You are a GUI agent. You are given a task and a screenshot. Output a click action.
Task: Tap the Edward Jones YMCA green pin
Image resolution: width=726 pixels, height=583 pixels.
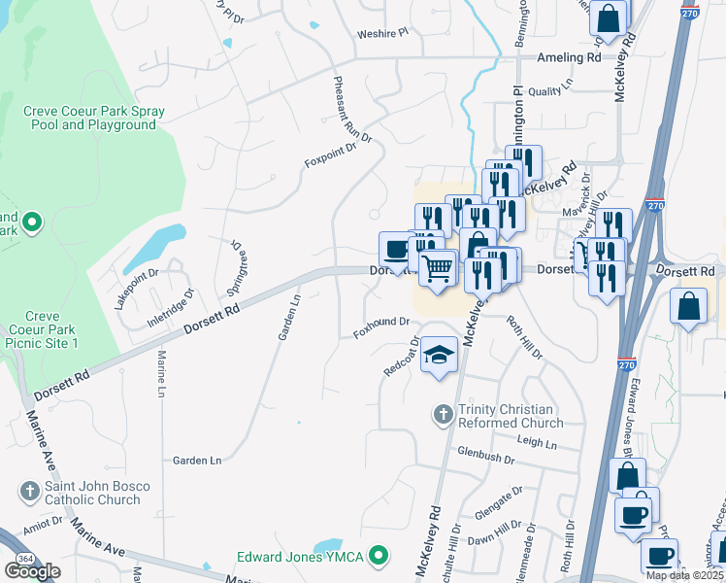pyautogui.click(x=381, y=557)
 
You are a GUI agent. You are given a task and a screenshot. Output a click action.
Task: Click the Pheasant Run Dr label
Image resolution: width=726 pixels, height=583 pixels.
pyautogui.click(x=352, y=110)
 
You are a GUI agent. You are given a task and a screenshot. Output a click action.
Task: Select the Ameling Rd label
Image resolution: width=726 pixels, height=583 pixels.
pyautogui.click(x=569, y=58)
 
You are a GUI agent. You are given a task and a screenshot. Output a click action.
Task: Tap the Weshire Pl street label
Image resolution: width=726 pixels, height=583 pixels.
pyautogui.click(x=383, y=33)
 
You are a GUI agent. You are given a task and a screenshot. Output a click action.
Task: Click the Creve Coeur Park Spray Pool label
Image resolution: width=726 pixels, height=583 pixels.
pyautogui.click(x=94, y=119)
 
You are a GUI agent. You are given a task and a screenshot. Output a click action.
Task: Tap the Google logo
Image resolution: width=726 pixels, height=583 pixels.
pyautogui.click(x=32, y=571)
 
